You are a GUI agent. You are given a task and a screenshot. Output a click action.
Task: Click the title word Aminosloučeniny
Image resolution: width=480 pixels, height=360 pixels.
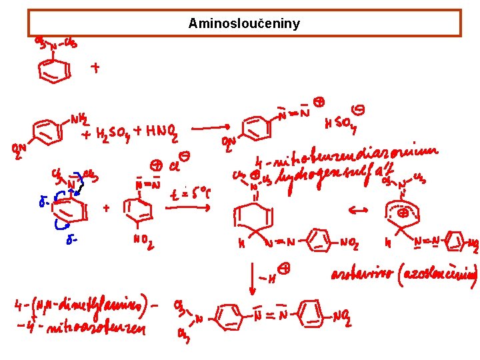(x=244, y=24)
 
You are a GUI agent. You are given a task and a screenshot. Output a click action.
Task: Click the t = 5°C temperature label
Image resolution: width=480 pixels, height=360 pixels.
(x=189, y=195)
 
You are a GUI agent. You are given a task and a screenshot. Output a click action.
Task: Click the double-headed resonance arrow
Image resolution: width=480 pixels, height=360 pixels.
(x=359, y=210)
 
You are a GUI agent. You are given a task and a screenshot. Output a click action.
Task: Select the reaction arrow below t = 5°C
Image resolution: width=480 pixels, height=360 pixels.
(x=188, y=208)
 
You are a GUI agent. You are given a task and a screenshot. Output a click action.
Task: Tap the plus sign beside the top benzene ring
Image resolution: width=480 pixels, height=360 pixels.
(x=96, y=67)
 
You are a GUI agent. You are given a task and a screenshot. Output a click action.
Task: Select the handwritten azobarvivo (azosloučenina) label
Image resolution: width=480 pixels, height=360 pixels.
(x=404, y=274)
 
